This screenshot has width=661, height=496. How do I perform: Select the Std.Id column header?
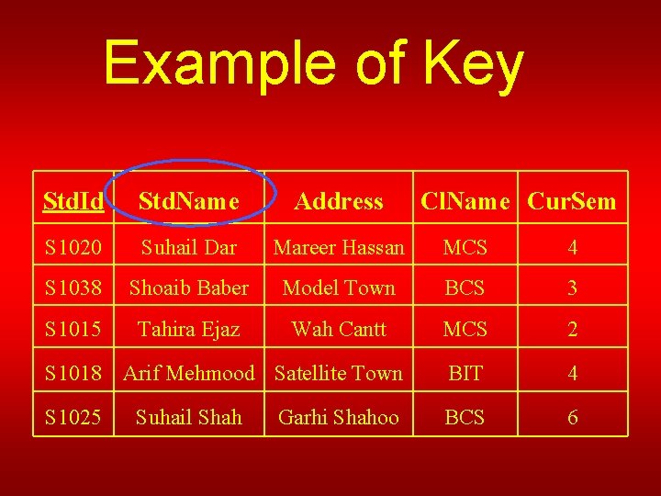click(x=73, y=201)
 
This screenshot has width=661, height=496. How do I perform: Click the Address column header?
click(x=339, y=201)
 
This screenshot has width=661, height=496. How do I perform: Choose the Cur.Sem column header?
click(x=572, y=201)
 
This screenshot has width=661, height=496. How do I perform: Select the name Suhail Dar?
click(x=188, y=247)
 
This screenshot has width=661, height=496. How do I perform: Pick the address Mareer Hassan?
click(x=339, y=247)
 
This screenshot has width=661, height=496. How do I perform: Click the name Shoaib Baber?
click(x=188, y=287)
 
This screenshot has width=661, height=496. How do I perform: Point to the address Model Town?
click(x=339, y=287)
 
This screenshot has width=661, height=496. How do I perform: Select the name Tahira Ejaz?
click(x=188, y=329)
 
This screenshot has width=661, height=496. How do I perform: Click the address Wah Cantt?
click(x=339, y=329)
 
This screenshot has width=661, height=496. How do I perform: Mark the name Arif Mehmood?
click(x=188, y=373)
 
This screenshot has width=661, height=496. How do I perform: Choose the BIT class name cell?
click(x=465, y=373)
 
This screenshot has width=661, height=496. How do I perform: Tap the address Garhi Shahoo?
click(x=339, y=417)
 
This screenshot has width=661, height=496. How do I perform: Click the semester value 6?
click(x=572, y=417)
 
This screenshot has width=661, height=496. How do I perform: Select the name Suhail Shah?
click(x=188, y=417)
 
